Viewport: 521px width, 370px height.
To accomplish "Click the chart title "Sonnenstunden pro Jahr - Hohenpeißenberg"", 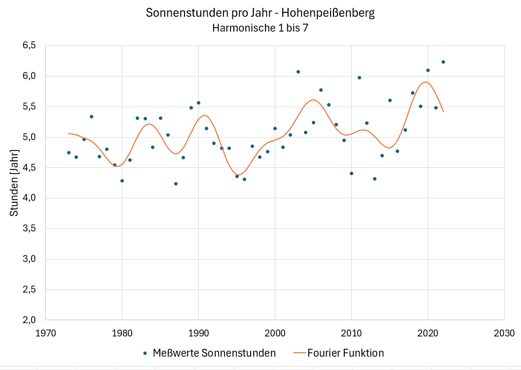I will click(x=260, y=13).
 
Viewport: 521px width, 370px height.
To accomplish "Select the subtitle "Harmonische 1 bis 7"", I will click(x=260, y=28).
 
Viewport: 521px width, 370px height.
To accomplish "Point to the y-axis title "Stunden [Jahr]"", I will click(x=15, y=183).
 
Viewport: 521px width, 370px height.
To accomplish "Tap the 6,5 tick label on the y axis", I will click(x=29, y=45).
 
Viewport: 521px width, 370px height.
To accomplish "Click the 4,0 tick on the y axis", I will click(x=29, y=198).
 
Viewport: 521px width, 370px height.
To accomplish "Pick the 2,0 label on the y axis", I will click(x=29, y=320).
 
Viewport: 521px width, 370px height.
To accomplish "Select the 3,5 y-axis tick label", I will click(x=29, y=228).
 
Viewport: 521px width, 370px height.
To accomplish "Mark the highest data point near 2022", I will click(x=443, y=62).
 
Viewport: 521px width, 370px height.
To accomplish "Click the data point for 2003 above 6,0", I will click(x=298, y=72).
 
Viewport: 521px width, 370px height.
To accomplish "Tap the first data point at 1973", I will click(x=69, y=152).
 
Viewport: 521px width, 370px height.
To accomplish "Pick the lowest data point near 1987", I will click(x=176, y=184).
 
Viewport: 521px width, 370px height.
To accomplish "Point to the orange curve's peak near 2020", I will click(x=426, y=82).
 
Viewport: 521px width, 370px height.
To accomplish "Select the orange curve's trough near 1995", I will click(x=238, y=175).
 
